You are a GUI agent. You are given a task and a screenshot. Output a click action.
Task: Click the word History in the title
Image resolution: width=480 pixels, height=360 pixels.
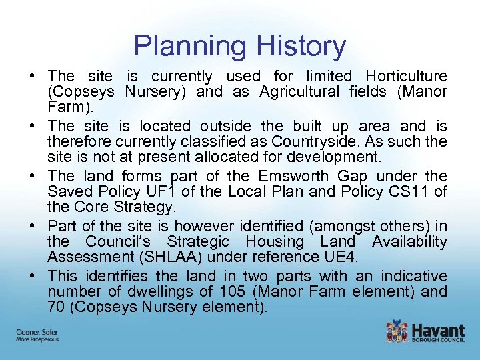tap(304, 46)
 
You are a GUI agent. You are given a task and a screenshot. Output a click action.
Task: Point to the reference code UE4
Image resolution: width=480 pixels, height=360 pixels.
tap(344, 256)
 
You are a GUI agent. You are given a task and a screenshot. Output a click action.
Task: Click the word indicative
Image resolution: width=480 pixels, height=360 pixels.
tap(414, 276)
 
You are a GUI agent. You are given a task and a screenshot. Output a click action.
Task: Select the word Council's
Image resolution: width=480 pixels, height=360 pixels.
tap(122, 241)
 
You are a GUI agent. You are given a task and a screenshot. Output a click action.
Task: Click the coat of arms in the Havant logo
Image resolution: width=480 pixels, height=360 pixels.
tap(396, 331)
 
